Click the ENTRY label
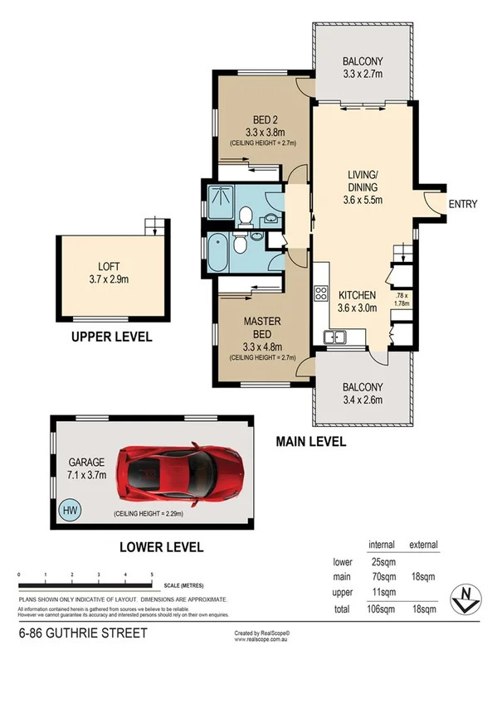[462, 204]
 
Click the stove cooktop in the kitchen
[320, 295]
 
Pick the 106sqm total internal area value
[382, 609]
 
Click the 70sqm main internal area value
[382, 577]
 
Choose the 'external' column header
[423, 545]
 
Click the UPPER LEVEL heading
[111, 337]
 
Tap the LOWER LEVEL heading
[159, 547]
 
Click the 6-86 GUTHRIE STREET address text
[83, 633]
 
